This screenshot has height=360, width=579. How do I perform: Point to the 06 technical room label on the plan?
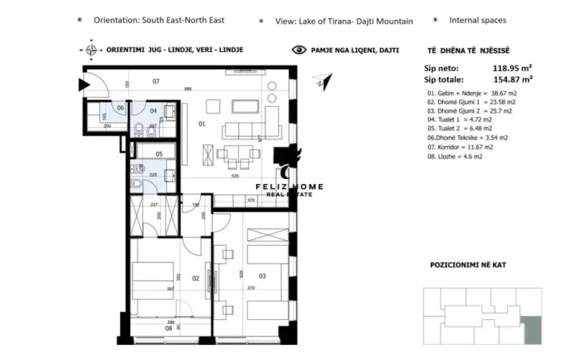[120, 107]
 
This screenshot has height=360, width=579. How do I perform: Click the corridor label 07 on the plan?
[157, 81]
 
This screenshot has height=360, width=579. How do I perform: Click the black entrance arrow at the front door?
[82, 83]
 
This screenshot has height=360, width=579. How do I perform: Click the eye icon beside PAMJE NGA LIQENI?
[299, 50]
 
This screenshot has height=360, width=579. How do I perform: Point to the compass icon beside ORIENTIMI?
[91, 50]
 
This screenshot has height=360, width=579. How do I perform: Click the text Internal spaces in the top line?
[477, 20]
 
